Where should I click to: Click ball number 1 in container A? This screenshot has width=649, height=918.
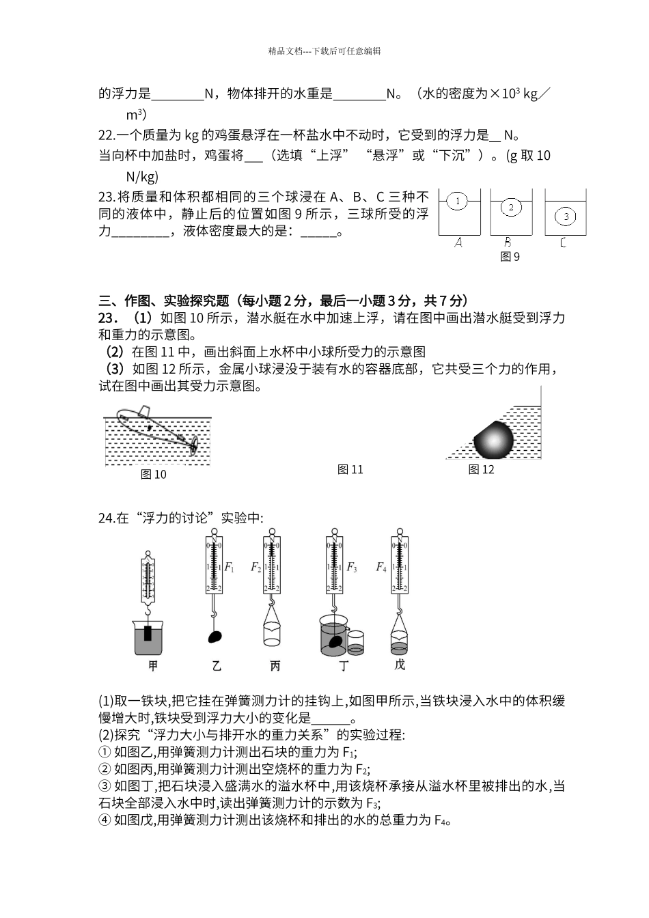(x=457, y=201)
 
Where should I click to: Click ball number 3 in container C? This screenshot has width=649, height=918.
(x=566, y=217)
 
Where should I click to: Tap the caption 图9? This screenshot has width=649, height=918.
(x=510, y=257)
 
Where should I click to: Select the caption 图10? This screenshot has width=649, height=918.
(x=153, y=474)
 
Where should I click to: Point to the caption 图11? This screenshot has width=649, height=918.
(x=350, y=469)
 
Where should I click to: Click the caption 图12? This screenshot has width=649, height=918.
(x=481, y=469)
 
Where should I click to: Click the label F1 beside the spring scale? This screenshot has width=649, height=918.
(x=230, y=567)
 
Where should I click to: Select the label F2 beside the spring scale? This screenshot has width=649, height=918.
(x=256, y=567)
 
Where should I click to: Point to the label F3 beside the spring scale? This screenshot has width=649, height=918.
(x=352, y=567)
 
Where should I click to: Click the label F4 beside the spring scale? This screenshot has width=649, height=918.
(x=381, y=567)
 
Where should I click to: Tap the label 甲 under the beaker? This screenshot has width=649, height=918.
(x=153, y=666)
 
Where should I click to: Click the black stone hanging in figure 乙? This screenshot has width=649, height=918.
(x=215, y=637)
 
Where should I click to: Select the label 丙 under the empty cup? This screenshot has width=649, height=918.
(x=274, y=666)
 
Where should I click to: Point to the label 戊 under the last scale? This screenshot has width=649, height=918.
(x=400, y=665)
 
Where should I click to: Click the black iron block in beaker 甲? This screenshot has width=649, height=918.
(x=148, y=632)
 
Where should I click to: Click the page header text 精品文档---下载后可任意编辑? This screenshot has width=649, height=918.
(x=324, y=51)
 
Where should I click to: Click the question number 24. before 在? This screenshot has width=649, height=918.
(x=107, y=518)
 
